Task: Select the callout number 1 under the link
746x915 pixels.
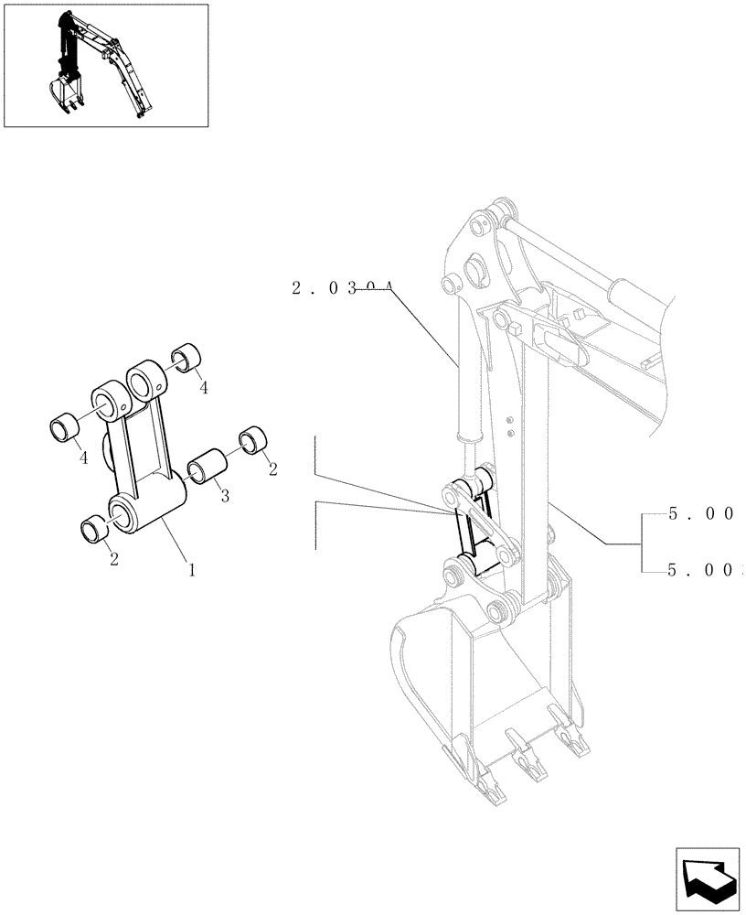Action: tap(191, 569)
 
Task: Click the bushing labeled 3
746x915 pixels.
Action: tap(206, 464)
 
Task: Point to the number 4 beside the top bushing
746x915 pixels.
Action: tap(203, 388)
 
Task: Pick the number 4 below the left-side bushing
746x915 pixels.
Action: tap(84, 457)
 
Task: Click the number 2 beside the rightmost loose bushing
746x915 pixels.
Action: tap(272, 468)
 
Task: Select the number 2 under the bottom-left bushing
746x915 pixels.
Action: tap(114, 557)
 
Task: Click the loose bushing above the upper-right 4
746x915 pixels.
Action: tap(187, 355)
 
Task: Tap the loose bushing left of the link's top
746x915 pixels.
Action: tap(65, 427)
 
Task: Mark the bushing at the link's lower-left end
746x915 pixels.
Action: tap(95, 529)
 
